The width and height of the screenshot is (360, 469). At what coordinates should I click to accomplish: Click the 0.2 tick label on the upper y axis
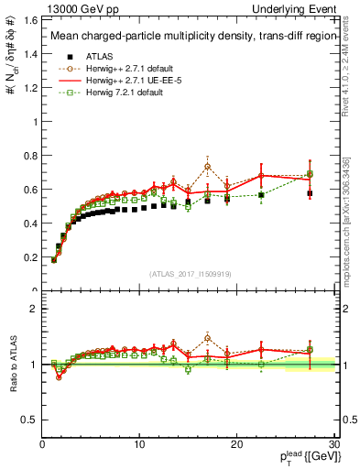(x=30, y=257)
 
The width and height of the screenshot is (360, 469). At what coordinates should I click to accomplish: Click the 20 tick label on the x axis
(x=238, y=443)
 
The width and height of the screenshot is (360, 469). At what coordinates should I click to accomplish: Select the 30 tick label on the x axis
(x=334, y=443)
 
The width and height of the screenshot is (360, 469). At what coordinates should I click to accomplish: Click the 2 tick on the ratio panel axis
(x=33, y=309)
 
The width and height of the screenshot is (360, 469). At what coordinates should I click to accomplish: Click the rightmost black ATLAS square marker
(x=310, y=193)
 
